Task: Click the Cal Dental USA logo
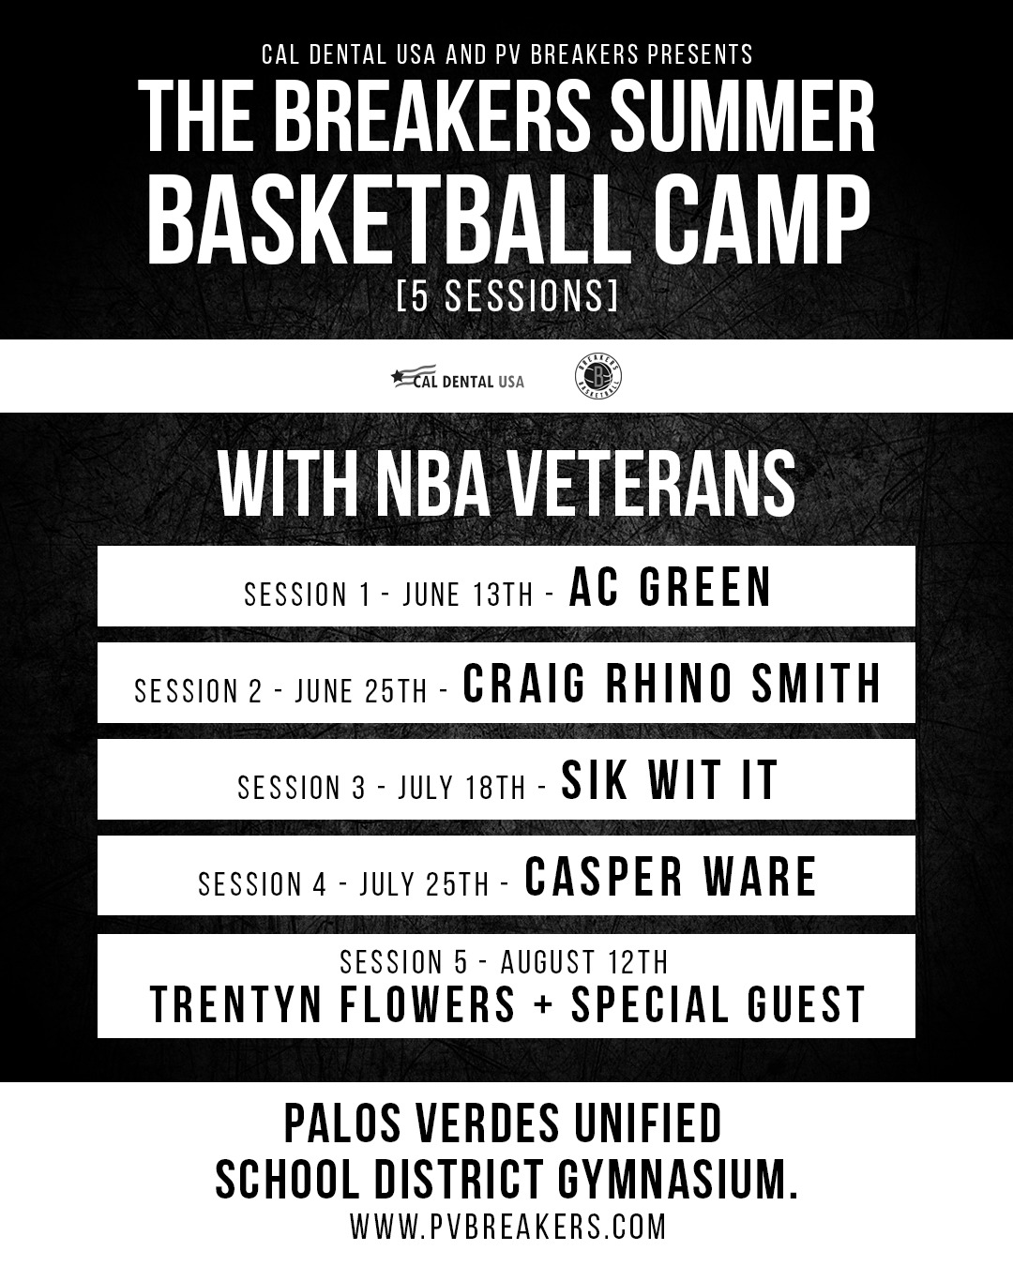tap(458, 377)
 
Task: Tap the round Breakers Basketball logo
tap(598, 376)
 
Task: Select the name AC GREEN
tap(670, 586)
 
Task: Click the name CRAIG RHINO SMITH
tap(672, 683)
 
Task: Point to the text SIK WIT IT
tap(670, 780)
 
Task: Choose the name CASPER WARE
tap(671, 877)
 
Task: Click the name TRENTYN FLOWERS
tap(333, 1004)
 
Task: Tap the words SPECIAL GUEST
tap(718, 1004)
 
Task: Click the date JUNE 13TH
tap(468, 595)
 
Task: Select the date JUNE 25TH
tap(361, 690)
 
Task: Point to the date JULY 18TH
tap(461, 788)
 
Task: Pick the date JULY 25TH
tap(424, 884)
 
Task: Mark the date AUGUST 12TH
tap(584, 962)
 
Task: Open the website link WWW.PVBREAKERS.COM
tap(508, 1226)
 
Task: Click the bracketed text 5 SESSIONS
tap(506, 295)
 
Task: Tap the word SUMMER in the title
tap(742, 116)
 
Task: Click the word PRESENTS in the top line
tap(700, 54)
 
